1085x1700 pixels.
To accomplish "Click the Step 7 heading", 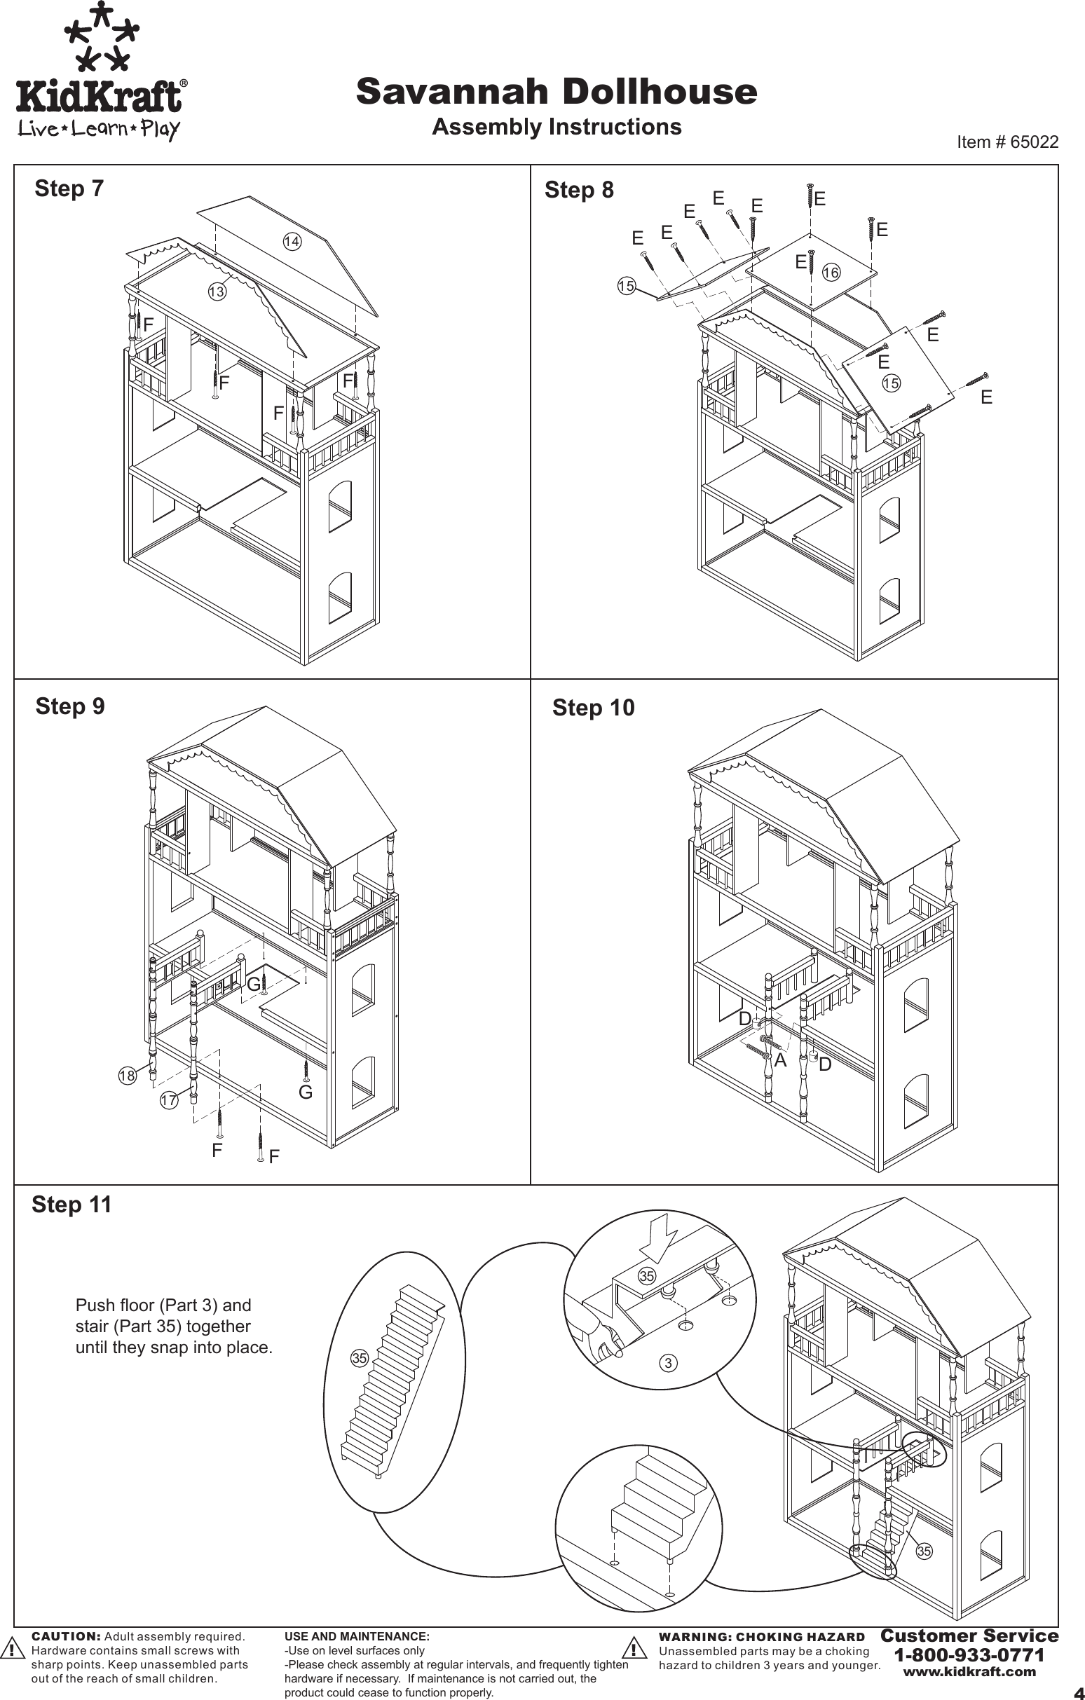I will coord(69,188).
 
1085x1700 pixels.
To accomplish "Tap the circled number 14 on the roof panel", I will coord(292,242).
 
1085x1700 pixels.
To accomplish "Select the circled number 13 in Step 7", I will coord(217,291).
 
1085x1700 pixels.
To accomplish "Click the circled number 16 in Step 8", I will coord(831,273).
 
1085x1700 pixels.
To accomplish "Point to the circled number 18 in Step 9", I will coord(126,1076).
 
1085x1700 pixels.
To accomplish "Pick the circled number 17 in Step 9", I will coord(168,1100).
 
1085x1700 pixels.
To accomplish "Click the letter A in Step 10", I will coord(780,1060).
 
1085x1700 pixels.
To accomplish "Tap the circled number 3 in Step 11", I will coord(668,1363).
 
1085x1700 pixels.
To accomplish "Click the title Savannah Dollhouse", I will coord(557,92).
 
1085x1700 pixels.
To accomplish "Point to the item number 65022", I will coord(1007,142).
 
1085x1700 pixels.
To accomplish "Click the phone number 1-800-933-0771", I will coord(969,1655).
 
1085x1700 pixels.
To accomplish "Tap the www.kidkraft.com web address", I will coord(969,1672).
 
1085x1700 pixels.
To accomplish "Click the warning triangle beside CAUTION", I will coord(11,1648).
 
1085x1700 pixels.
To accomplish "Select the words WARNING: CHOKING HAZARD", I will coord(761,1636).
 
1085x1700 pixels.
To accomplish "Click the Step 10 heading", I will coord(593,707).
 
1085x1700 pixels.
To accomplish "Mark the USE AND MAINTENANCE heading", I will coord(357,1636).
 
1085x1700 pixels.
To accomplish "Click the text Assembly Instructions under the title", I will coord(557,127).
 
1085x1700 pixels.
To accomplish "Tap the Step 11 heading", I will coord(72,1205).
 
